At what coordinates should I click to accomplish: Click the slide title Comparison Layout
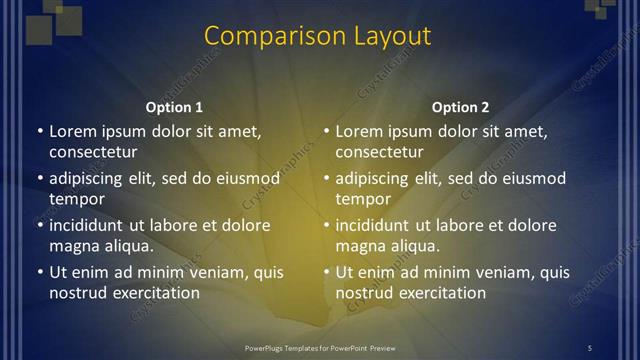pyautogui.click(x=318, y=36)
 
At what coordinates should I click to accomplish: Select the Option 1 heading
pyautogui.click(x=174, y=107)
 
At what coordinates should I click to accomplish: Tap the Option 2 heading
pyautogui.click(x=460, y=107)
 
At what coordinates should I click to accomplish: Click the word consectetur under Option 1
pyautogui.click(x=93, y=152)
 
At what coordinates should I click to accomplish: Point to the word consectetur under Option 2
pyautogui.click(x=379, y=152)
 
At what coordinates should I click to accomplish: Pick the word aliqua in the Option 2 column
pyautogui.click(x=415, y=246)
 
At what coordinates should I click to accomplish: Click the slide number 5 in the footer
pyautogui.click(x=590, y=348)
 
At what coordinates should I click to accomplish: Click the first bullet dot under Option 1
pyautogui.click(x=40, y=131)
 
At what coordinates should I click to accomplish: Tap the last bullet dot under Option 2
pyautogui.click(x=326, y=272)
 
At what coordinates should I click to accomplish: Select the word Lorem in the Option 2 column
pyautogui.click(x=358, y=131)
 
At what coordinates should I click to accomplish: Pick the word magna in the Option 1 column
pyautogui.click(x=73, y=246)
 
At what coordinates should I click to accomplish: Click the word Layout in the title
pyautogui.click(x=393, y=36)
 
